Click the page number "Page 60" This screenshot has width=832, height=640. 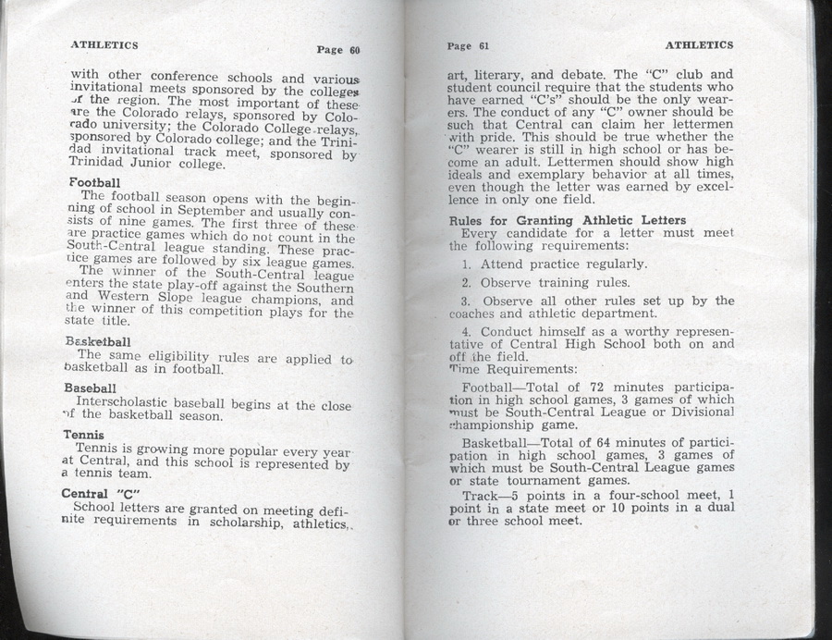pyautogui.click(x=337, y=50)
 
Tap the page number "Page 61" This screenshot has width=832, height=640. pyautogui.click(x=467, y=45)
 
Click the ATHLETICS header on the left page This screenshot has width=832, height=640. pyautogui.click(x=104, y=44)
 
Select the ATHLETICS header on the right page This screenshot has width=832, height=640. pyautogui.click(x=699, y=44)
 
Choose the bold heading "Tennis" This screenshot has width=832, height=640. pyautogui.click(x=83, y=435)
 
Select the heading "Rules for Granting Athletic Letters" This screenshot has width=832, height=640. pyautogui.click(x=567, y=220)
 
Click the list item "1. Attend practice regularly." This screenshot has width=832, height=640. pyautogui.click(x=555, y=265)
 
